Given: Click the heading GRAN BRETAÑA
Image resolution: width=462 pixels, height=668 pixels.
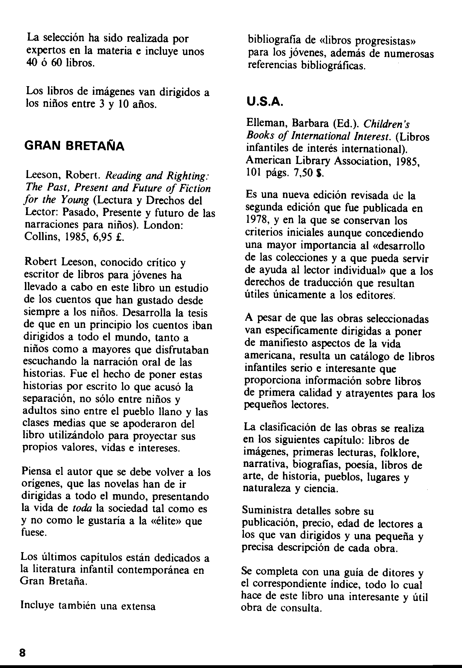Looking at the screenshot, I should coord(75,146).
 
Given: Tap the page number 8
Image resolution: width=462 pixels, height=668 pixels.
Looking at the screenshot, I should coord(22,653).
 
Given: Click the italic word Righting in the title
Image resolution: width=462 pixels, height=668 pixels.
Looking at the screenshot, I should coord(188,176).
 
